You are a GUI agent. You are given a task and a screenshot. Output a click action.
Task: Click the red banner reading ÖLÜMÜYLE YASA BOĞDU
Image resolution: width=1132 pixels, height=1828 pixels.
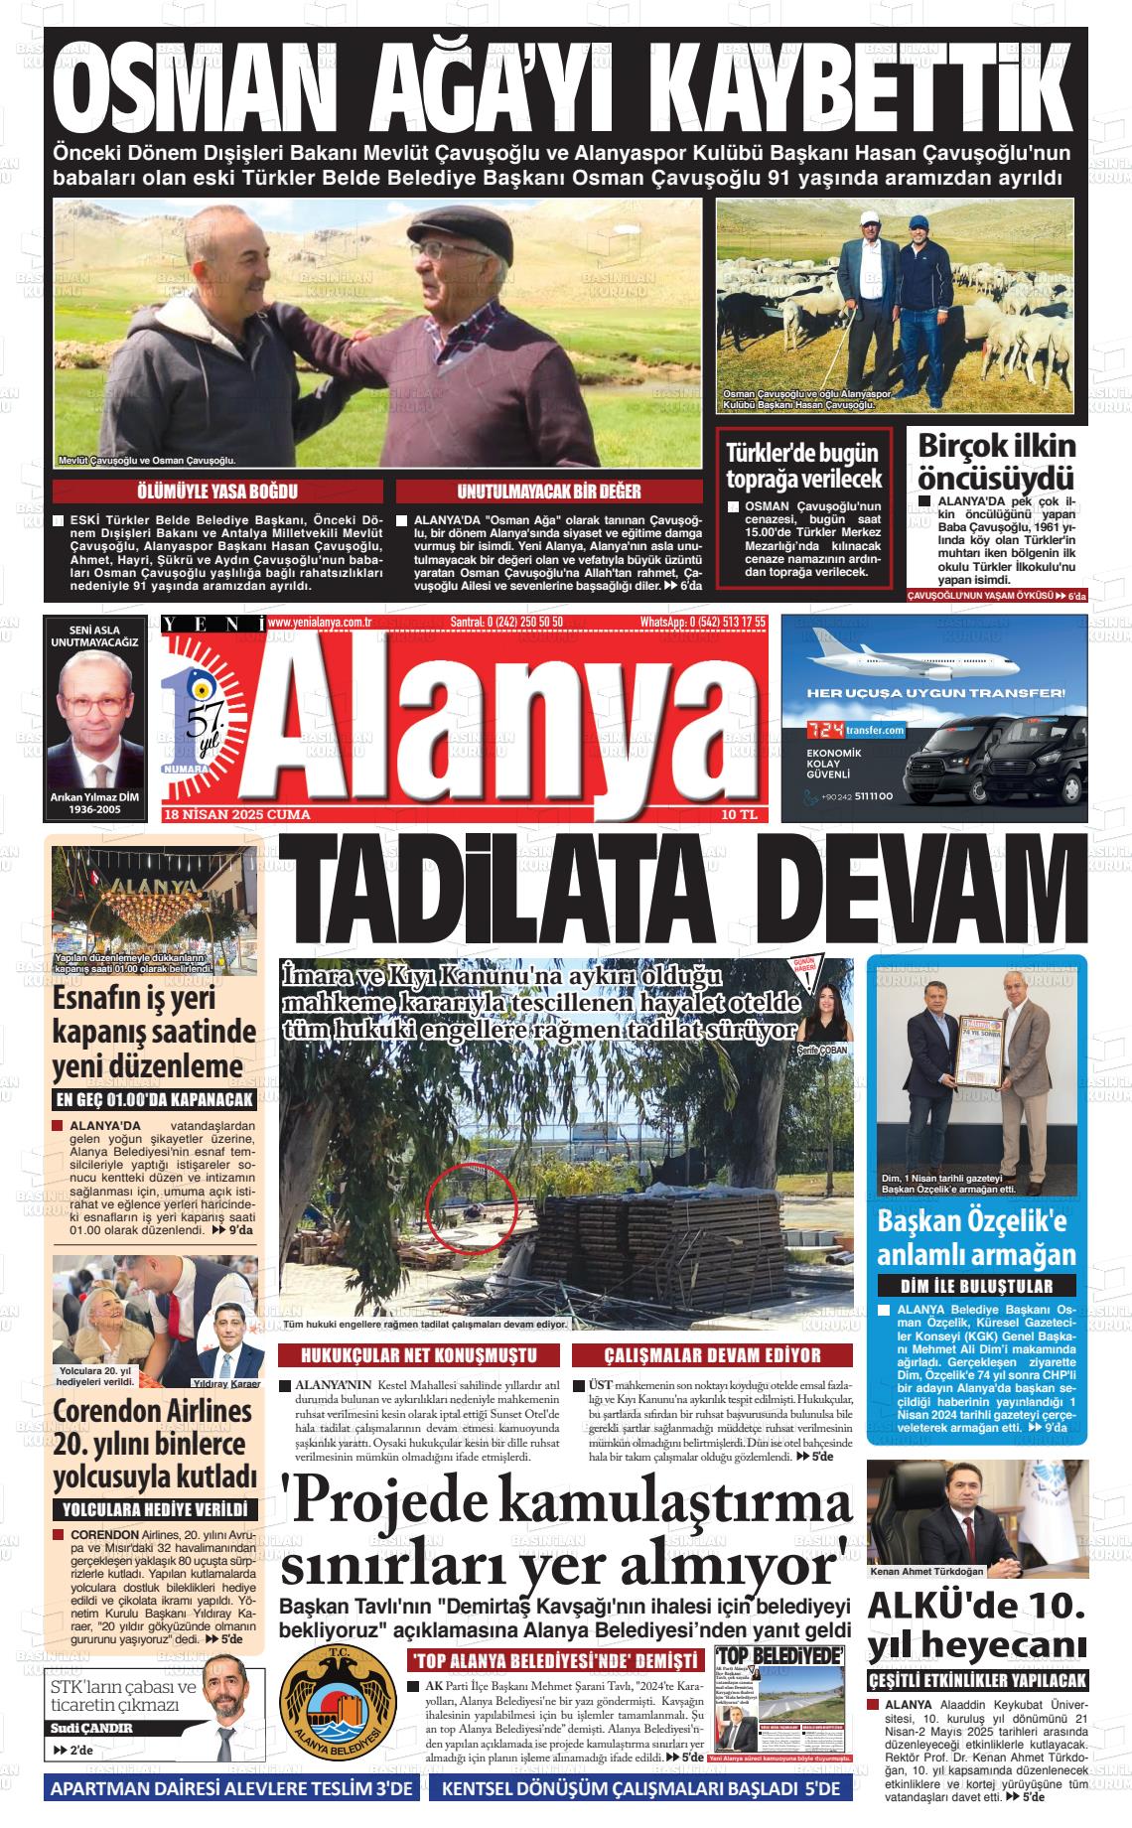[x=216, y=492]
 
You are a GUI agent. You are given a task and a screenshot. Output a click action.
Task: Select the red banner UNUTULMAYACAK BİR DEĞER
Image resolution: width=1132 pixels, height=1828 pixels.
[x=549, y=492]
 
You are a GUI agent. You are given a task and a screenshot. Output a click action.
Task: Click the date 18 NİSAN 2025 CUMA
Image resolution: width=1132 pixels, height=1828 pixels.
[x=237, y=815]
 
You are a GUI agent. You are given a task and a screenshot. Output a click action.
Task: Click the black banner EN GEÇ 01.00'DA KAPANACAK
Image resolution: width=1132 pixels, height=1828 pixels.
[x=155, y=1099]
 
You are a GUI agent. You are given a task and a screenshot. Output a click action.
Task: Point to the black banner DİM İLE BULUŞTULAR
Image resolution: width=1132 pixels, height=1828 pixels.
[x=976, y=1286]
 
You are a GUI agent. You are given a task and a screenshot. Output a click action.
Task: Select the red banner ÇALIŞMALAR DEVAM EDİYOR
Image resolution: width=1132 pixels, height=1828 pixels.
[x=712, y=1355]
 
